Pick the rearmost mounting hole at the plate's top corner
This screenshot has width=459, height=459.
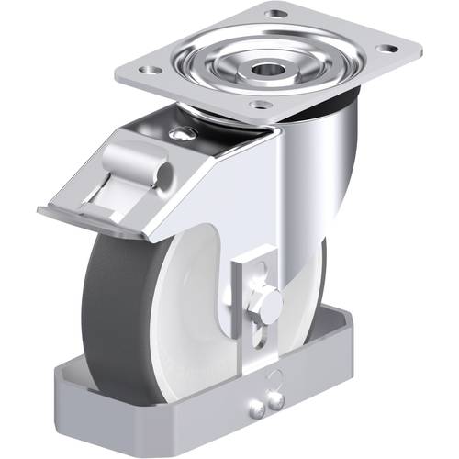274,14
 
